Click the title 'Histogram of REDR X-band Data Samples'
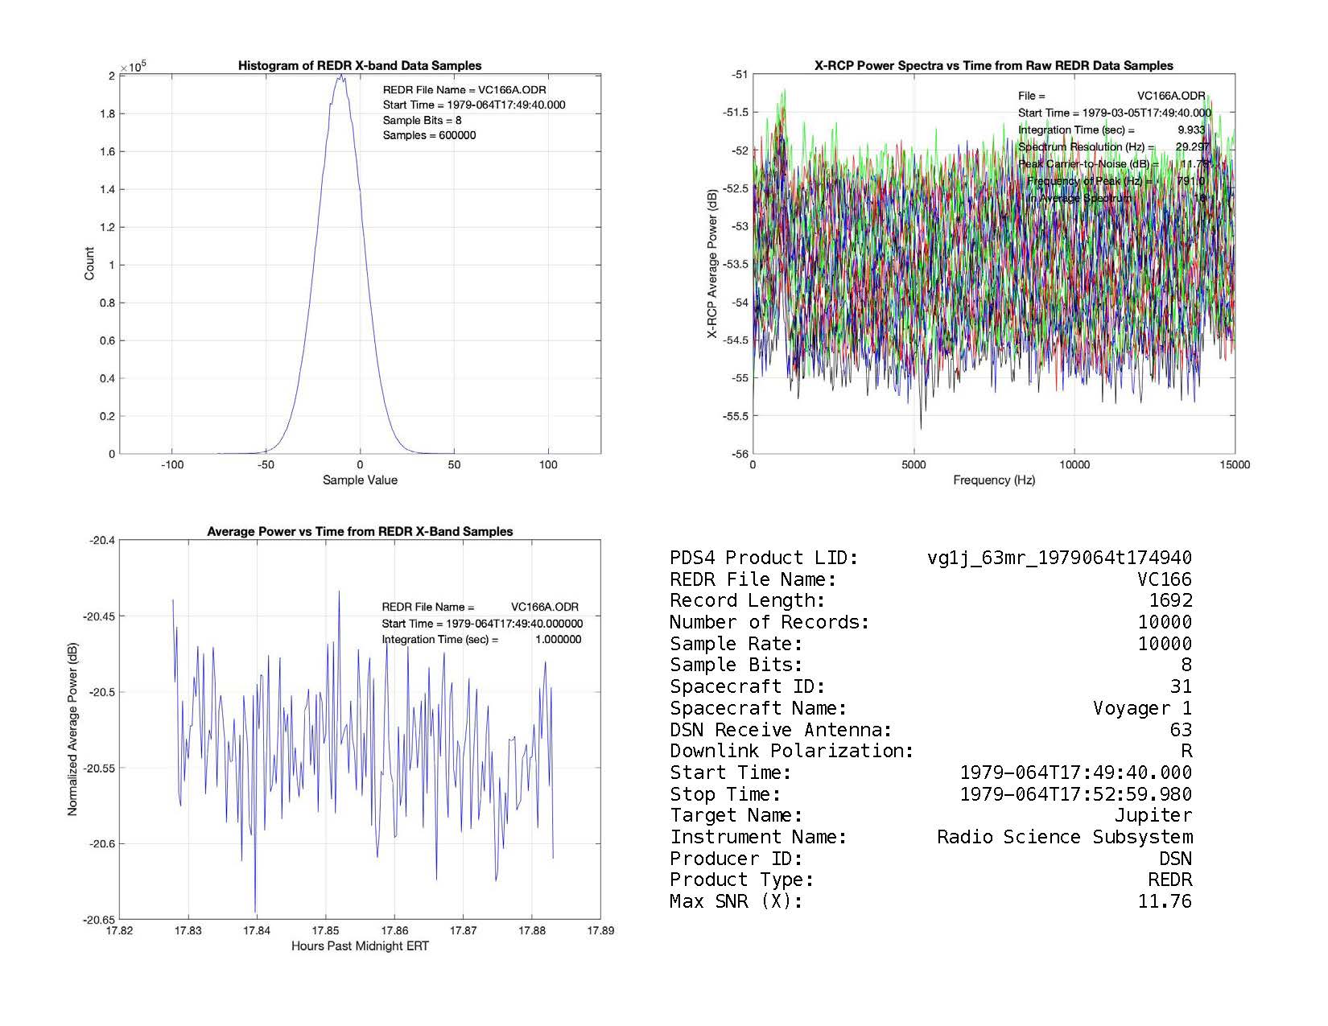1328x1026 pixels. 360,66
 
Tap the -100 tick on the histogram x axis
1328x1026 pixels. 172,465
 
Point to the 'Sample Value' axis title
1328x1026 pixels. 360,480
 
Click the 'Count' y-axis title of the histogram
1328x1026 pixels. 89,264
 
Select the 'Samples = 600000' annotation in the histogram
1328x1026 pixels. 429,135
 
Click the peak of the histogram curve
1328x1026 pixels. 341,76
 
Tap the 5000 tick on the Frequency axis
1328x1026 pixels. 914,465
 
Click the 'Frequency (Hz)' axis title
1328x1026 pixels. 994,480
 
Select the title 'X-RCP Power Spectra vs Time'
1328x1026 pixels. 994,66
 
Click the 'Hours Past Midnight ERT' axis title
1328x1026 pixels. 360,946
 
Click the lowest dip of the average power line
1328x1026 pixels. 255,912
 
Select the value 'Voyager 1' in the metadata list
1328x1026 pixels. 1142,708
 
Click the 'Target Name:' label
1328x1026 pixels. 736,815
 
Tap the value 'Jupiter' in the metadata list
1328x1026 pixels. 1153,815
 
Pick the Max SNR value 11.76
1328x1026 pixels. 1164,901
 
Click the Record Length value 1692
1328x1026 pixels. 1170,600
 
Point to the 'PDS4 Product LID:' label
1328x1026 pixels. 764,558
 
